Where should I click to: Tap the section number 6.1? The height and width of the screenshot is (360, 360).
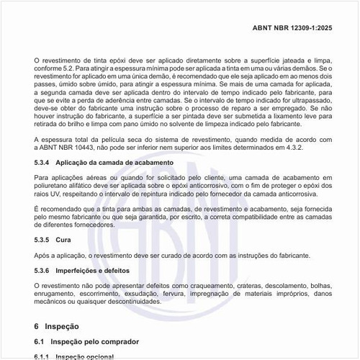(x=40, y=341)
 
